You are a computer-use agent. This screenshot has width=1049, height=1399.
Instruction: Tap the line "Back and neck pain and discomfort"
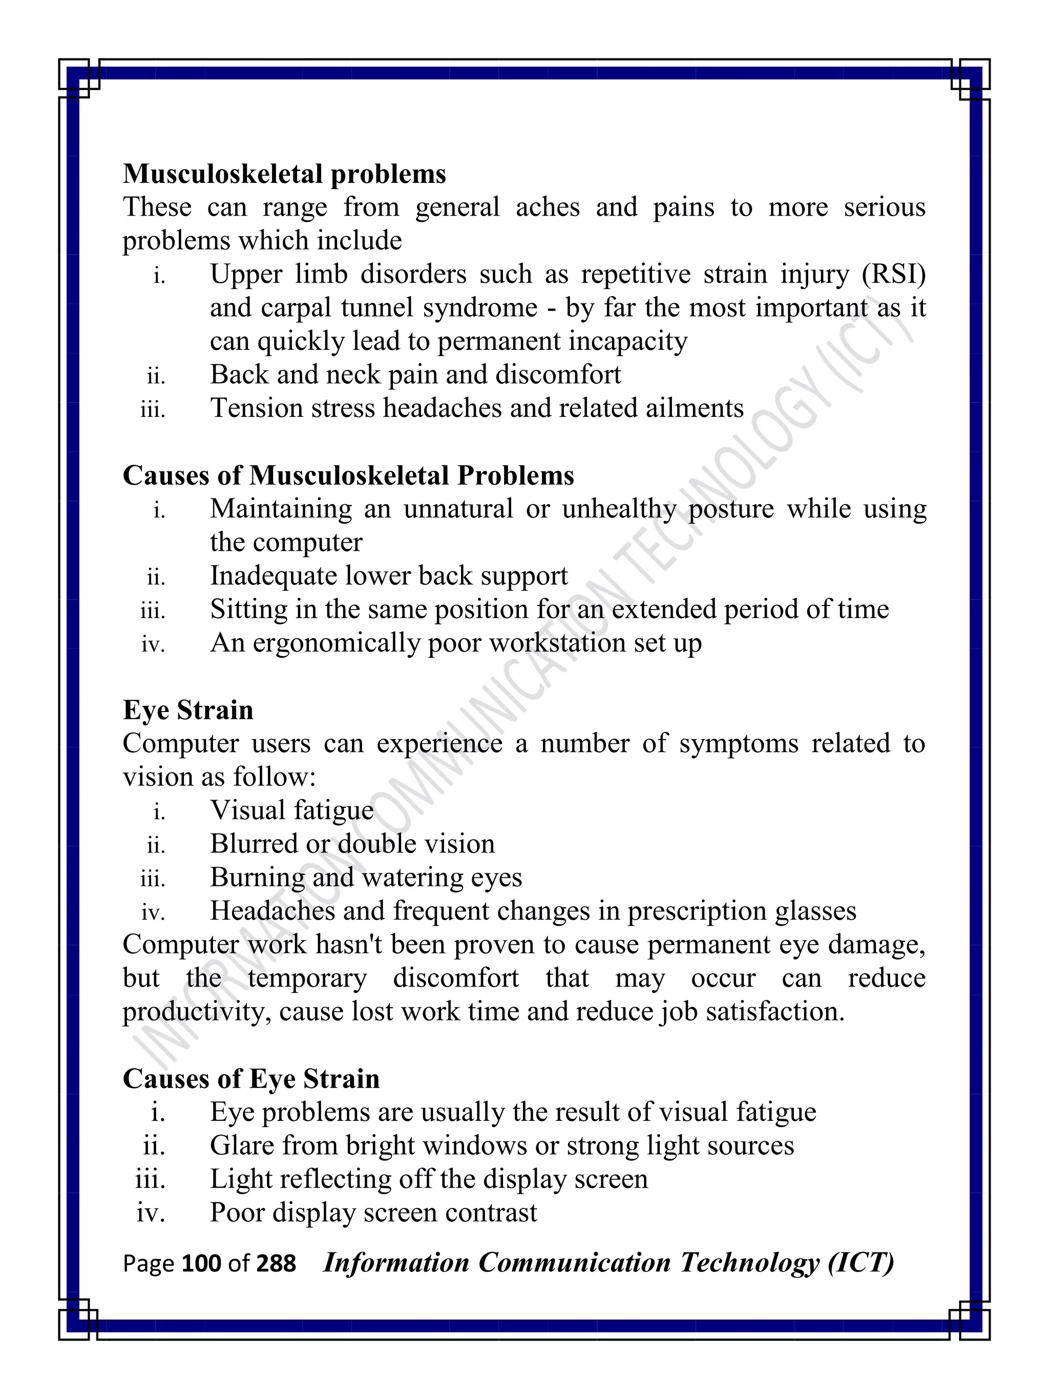415,374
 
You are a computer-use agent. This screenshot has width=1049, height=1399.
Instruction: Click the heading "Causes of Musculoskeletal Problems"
348,475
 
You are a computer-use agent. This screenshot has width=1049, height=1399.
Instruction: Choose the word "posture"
730,509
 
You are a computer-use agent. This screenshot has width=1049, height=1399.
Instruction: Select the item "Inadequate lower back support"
388,576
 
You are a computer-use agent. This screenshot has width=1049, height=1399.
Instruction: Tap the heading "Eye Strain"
188,709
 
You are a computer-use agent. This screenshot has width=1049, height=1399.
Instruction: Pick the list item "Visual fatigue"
291,810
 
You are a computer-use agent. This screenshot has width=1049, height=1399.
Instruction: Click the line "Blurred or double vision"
352,844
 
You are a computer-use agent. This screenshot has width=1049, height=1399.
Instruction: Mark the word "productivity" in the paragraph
197,1012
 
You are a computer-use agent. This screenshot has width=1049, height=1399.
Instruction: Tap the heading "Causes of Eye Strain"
251,1078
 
